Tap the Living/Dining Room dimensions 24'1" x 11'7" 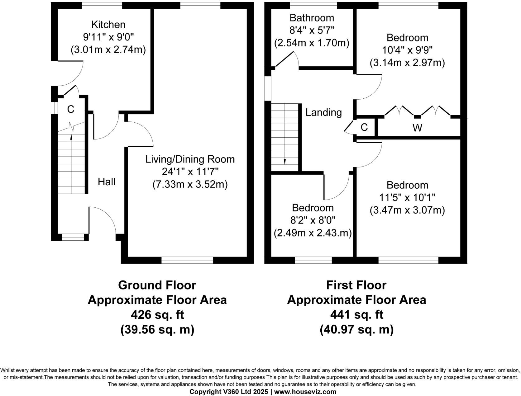[x=190, y=172]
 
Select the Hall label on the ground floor [x=107, y=182]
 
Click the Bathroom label [x=312, y=18]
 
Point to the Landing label [x=323, y=112]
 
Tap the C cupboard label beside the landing [x=364, y=127]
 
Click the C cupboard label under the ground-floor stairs [x=71, y=110]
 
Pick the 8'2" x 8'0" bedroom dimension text [x=313, y=220]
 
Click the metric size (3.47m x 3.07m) [x=407, y=210]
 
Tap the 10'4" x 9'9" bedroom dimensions [x=407, y=50]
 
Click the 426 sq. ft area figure [x=157, y=315]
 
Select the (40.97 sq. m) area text [x=356, y=329]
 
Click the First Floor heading [x=356, y=285]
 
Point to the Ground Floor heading [x=157, y=285]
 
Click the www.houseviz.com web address [x=305, y=392]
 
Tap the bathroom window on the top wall [x=313, y=5]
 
